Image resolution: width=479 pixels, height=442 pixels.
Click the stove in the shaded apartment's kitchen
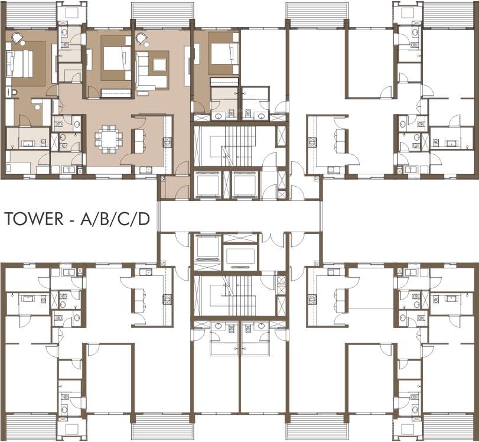(167, 141)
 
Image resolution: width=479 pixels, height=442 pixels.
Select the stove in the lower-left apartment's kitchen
(167, 298)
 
